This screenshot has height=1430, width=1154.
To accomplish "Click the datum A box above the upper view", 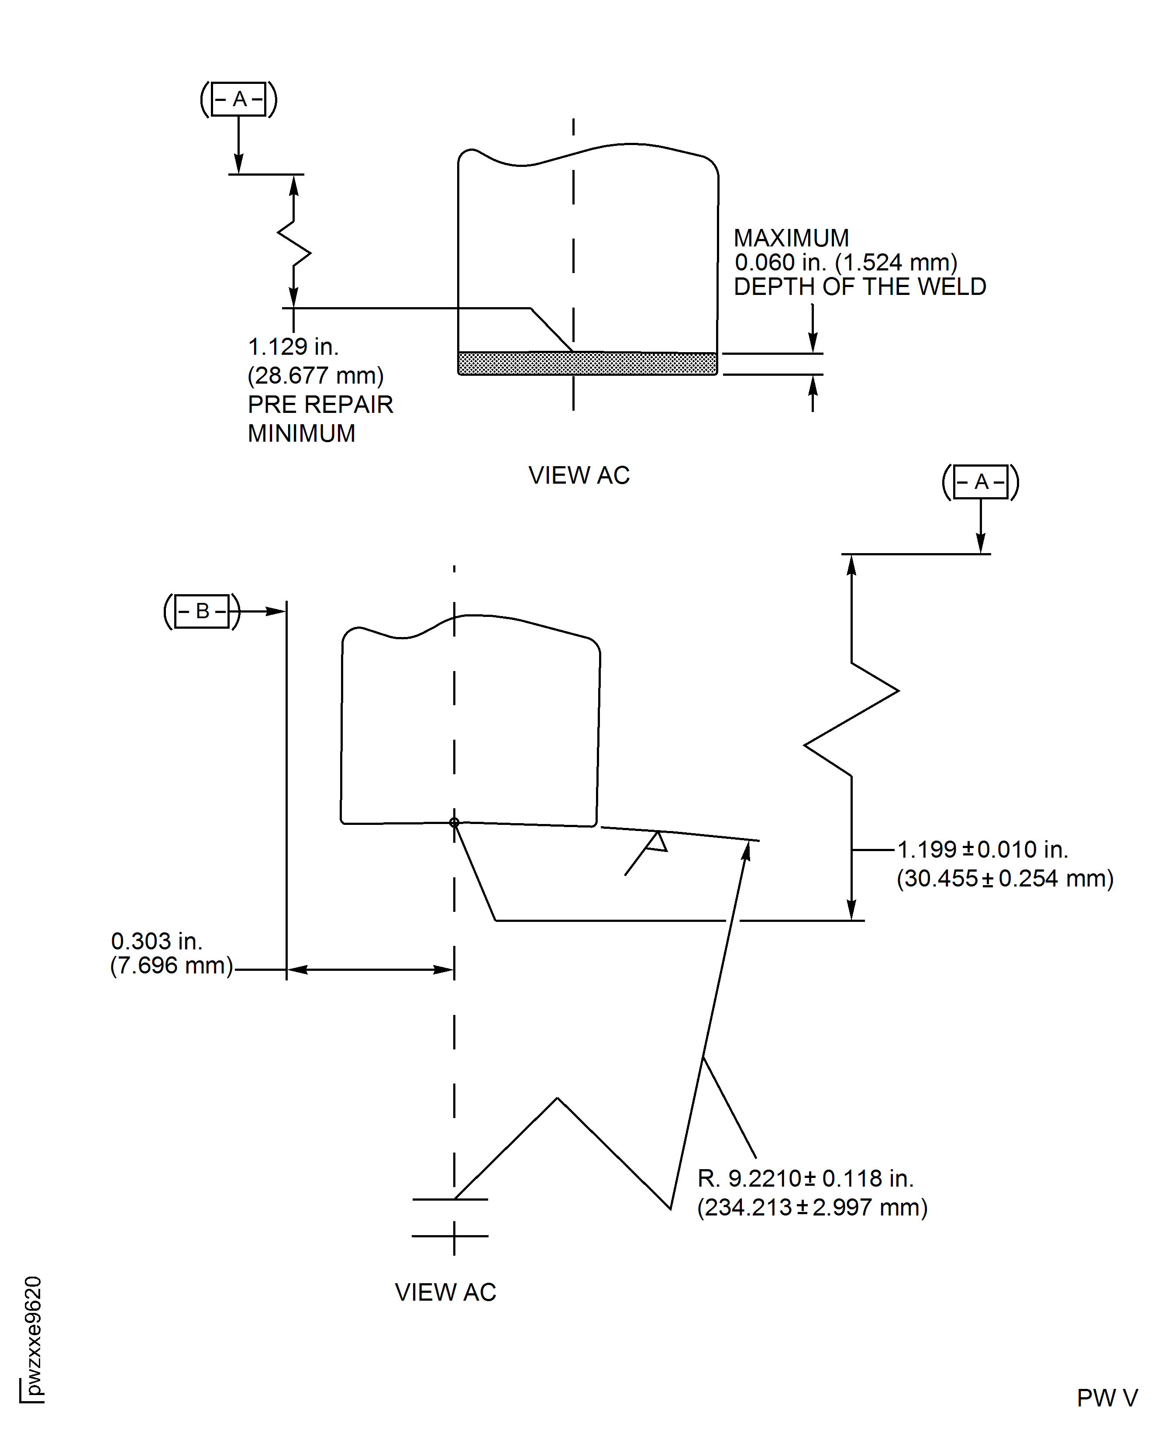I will pyautogui.click(x=239, y=99).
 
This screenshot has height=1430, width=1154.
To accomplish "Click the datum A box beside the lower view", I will pyautogui.click(x=981, y=481).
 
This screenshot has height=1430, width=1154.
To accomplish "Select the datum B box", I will pyautogui.click(x=202, y=610).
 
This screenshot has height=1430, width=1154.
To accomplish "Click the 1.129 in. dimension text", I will pyautogui.click(x=293, y=346).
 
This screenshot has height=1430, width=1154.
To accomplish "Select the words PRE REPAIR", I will pyautogui.click(x=320, y=405).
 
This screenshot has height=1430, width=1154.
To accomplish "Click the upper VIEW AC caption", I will pyautogui.click(x=579, y=475).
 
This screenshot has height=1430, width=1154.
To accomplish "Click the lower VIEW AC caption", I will pyautogui.click(x=445, y=1292).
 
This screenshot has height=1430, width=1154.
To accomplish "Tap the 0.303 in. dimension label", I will pyautogui.click(x=156, y=941).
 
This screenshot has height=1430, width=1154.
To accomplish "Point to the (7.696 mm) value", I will pyautogui.click(x=172, y=965).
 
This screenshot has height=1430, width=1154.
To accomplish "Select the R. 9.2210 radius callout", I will pyautogui.click(x=806, y=1179).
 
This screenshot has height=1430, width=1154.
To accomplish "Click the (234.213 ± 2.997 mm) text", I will pyautogui.click(x=812, y=1207).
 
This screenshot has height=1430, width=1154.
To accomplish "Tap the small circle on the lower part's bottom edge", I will pyautogui.click(x=454, y=823).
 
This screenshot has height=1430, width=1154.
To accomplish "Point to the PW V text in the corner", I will pyautogui.click(x=1107, y=1398).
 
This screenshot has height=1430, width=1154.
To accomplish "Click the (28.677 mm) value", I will pyautogui.click(x=316, y=376).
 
